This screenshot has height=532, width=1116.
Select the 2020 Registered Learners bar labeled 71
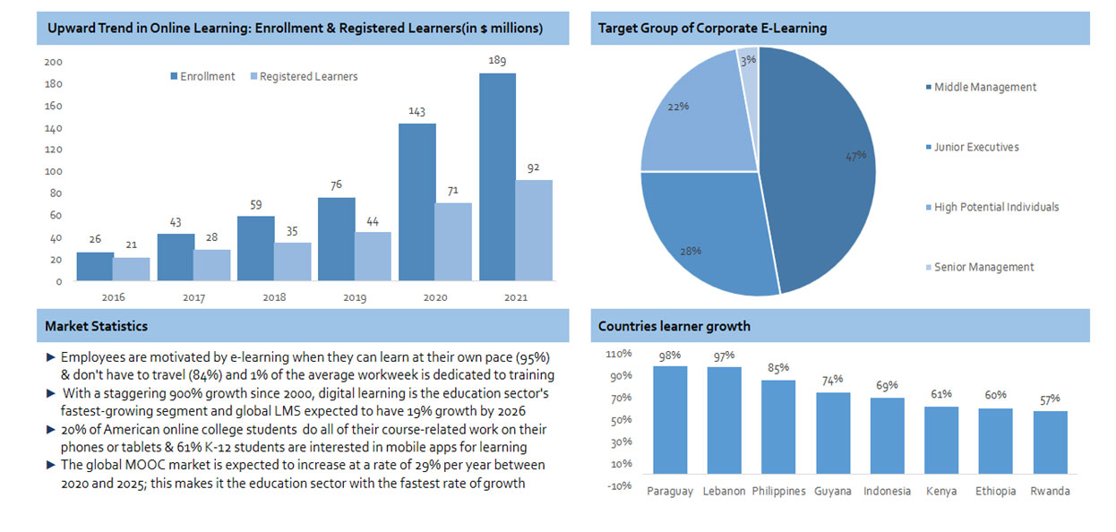tap(452, 242)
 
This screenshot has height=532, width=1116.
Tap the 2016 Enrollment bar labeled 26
tap(95, 266)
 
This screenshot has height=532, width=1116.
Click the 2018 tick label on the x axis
tap(274, 297)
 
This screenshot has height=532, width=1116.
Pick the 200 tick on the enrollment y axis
tap(53, 62)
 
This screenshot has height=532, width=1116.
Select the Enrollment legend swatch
tap(174, 77)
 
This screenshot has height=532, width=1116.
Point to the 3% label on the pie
tap(748, 59)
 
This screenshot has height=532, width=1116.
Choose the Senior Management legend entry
tap(983, 267)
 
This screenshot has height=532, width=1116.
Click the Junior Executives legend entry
tap(976, 147)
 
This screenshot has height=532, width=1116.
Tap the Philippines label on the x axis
tap(778, 491)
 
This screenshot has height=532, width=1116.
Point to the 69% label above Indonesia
tap(887, 386)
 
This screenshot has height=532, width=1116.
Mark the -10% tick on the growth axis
tap(621, 485)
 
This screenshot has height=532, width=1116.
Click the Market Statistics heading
tap(97, 326)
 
